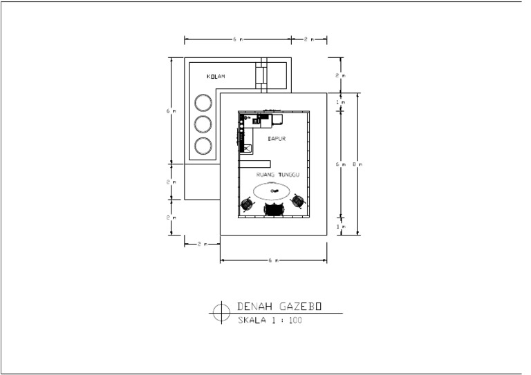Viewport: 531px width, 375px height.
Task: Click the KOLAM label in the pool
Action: [x=216, y=76]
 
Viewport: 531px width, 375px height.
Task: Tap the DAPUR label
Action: [x=277, y=139]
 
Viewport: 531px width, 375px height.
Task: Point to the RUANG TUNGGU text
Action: [x=277, y=175]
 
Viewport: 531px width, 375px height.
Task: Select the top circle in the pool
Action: [x=203, y=103]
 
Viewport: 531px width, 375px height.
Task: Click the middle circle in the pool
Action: [x=203, y=124]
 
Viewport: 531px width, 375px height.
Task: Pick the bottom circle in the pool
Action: [x=203, y=146]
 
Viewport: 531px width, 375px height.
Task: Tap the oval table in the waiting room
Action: [x=274, y=191]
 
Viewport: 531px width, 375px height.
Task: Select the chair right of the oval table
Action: [x=298, y=201]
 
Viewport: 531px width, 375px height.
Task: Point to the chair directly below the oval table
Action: [x=274, y=209]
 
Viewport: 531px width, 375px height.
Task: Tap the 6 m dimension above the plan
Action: [x=236, y=39]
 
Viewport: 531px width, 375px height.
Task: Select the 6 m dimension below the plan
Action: [x=274, y=261]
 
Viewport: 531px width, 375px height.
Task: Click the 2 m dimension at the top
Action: [x=309, y=39]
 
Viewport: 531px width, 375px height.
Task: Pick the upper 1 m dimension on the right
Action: [x=339, y=102]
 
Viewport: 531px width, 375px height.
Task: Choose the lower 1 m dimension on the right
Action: [x=339, y=226]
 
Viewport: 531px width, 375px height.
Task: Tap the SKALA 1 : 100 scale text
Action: [x=270, y=320]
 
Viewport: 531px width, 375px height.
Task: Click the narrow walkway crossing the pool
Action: [x=261, y=75]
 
